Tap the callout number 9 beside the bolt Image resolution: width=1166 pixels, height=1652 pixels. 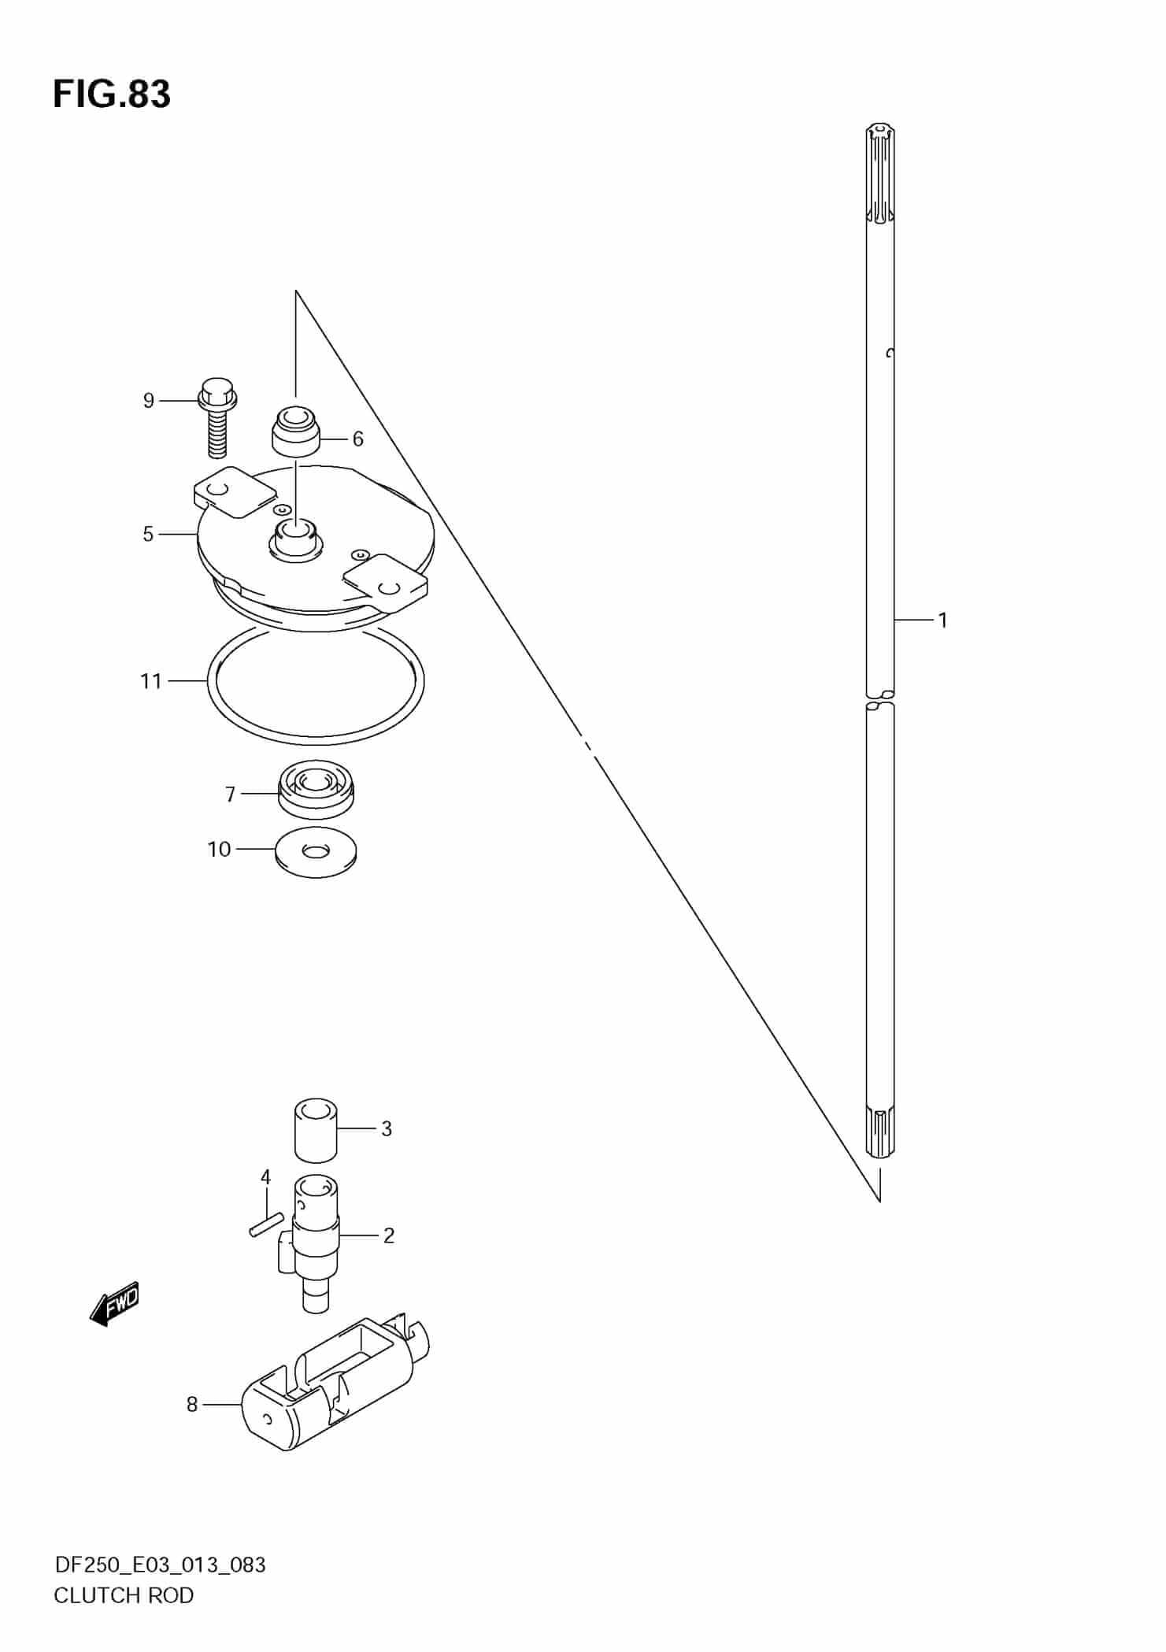[x=149, y=401]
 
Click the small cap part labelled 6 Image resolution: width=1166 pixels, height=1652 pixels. [x=296, y=430]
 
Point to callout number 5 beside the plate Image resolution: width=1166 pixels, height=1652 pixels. [x=148, y=534]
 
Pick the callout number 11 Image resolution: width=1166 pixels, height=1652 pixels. [x=151, y=681]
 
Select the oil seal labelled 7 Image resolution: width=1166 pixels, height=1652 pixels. [x=316, y=789]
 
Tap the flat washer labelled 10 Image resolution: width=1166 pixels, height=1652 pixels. [x=316, y=852]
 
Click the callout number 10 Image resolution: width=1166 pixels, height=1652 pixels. [x=219, y=849]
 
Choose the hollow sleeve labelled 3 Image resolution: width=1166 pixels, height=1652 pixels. [x=316, y=1130]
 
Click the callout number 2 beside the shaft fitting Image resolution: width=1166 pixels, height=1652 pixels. [x=388, y=1235]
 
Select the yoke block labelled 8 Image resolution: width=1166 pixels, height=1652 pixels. [x=335, y=1387]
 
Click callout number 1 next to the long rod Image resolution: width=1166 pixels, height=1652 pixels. [x=942, y=620]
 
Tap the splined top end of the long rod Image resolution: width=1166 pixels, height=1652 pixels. [x=880, y=173]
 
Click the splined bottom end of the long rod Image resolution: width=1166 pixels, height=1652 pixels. [x=880, y=1131]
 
